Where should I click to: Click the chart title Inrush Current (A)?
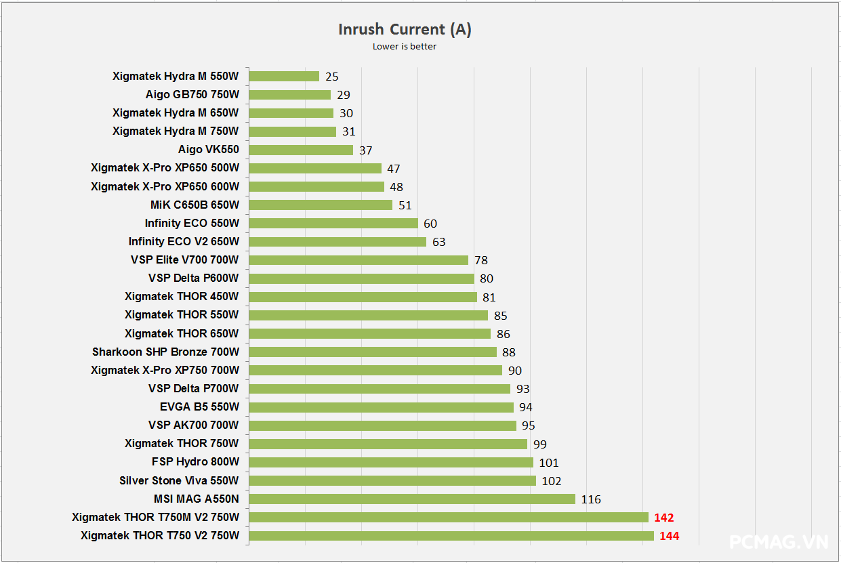click(405, 29)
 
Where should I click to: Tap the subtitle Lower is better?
click(405, 47)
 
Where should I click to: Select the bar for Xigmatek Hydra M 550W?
click(284, 77)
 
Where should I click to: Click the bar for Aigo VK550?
click(301, 150)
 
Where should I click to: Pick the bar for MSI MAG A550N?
click(412, 499)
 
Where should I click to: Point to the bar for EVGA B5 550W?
click(381, 407)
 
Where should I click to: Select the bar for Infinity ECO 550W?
click(333, 223)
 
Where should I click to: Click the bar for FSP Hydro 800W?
click(391, 462)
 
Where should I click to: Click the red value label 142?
click(664, 518)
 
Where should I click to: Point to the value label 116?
click(591, 499)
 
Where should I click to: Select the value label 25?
click(331, 77)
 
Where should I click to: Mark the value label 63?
click(438, 242)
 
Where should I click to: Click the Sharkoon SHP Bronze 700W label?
click(165, 352)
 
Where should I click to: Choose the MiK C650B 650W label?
click(194, 205)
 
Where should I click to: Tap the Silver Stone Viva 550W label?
click(179, 480)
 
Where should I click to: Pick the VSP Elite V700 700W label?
click(184, 259)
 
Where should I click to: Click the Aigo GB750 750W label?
click(192, 95)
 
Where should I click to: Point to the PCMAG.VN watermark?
click(779, 542)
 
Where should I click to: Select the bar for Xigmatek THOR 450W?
click(363, 297)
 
